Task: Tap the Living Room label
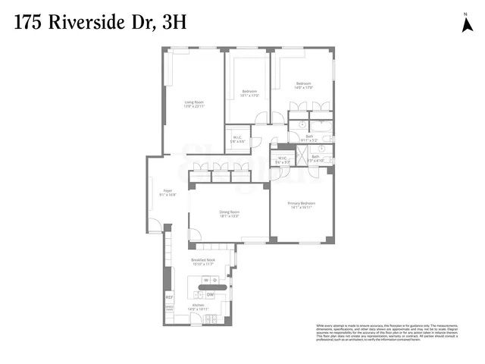194,104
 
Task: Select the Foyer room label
167,193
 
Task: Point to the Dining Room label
229,214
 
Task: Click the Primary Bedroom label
301,204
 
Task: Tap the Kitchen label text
198,307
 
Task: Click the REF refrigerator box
169,297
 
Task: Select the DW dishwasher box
211,294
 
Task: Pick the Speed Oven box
169,309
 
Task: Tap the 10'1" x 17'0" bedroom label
249,94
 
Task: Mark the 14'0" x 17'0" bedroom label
304,85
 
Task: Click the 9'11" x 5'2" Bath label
310,139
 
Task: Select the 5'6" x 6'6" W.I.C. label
237,140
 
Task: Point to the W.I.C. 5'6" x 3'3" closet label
282,160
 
